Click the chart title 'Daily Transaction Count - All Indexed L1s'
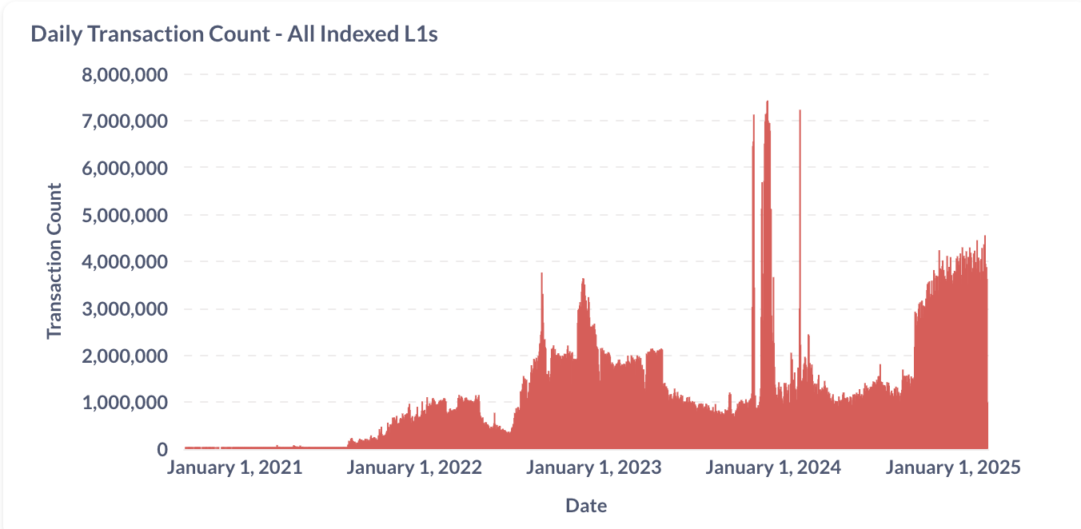(x=233, y=34)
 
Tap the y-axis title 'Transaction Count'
(x=54, y=261)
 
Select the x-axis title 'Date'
(x=586, y=505)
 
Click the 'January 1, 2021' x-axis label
(x=234, y=468)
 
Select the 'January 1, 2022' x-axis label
(x=414, y=468)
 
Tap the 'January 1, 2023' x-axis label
(x=594, y=468)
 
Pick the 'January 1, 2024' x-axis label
(x=773, y=468)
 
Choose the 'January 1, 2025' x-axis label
(x=953, y=468)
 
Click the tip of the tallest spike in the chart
(x=768, y=101)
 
